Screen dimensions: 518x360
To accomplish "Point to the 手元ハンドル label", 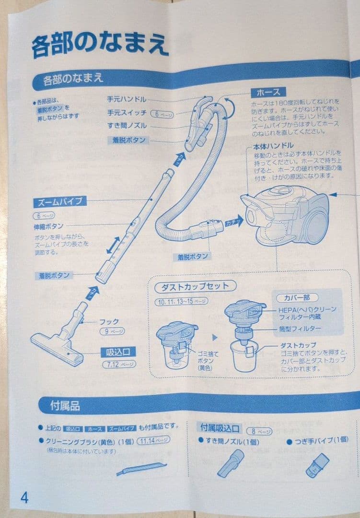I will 127,100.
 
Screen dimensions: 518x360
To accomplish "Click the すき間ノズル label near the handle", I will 127,126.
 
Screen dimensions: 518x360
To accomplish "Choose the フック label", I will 109,321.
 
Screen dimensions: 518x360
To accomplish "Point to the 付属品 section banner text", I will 65,406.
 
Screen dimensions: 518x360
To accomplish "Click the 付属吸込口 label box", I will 220,428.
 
